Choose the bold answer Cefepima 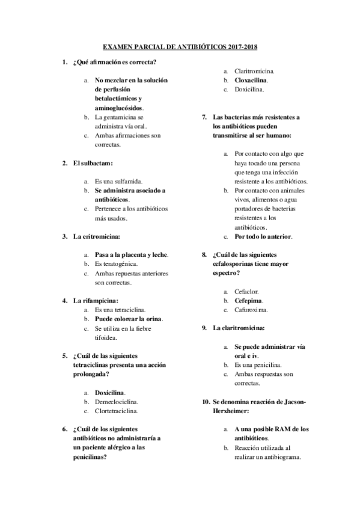249,300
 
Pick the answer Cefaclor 246,290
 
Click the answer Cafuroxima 251,310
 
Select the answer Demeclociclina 117,402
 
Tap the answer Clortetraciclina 119,411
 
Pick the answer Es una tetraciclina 120,310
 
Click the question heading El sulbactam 93,162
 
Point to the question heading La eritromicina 96,236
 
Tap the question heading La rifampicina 96,300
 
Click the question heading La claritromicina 239,328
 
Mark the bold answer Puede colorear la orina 129,319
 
